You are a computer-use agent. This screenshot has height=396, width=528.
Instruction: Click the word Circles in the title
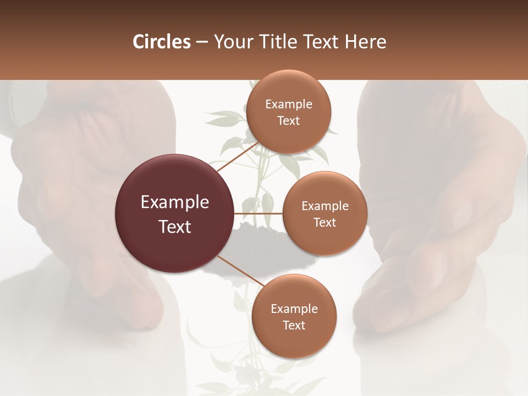[161, 42]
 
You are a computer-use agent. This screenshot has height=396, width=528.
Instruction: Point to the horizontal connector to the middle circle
[258, 213]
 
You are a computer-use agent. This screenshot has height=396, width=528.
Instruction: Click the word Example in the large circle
[174, 202]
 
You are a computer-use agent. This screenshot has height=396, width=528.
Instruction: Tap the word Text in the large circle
[174, 227]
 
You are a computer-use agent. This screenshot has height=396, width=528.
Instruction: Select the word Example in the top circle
[288, 105]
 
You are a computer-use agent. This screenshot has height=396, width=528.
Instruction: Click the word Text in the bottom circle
[294, 326]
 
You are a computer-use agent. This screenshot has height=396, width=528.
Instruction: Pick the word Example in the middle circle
[324, 206]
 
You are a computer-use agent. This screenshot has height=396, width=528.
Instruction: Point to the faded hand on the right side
[440, 220]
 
